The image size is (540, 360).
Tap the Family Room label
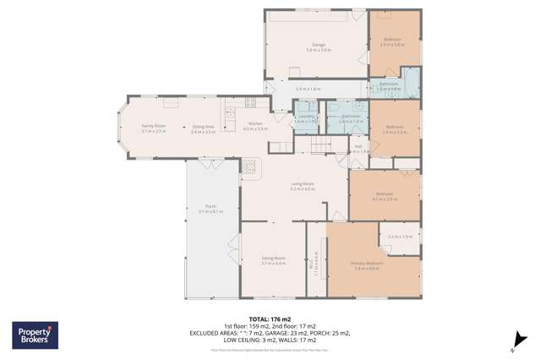(153, 126)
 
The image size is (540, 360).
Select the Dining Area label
(203, 126)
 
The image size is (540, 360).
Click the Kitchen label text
(254, 124)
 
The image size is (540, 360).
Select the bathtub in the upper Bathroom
(412, 85)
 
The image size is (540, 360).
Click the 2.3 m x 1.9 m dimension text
(400, 237)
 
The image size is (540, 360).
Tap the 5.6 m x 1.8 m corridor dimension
(308, 89)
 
